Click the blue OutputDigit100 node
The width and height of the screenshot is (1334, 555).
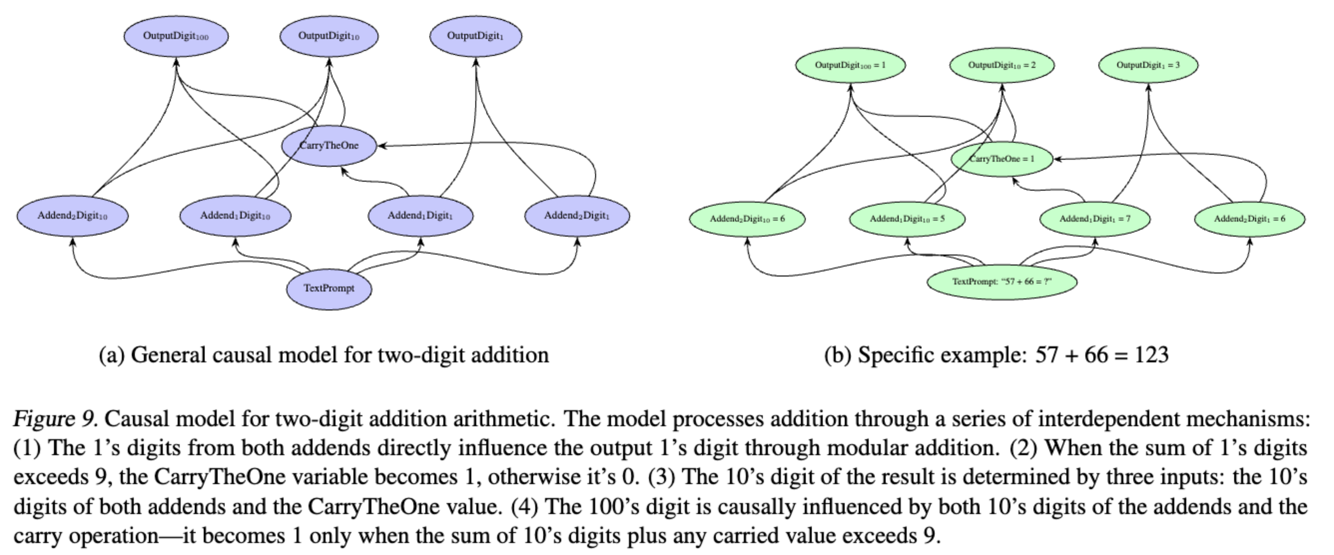(x=176, y=36)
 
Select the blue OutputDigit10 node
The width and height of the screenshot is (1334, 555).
(x=329, y=36)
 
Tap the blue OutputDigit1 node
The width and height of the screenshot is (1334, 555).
(x=475, y=36)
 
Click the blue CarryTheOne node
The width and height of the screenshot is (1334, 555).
(x=329, y=145)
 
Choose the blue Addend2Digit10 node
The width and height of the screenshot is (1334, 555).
(x=73, y=215)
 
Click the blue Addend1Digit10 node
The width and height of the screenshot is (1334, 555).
(x=235, y=215)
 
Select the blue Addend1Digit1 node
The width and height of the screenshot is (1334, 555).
(x=420, y=215)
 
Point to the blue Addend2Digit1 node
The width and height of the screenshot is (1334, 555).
(x=577, y=215)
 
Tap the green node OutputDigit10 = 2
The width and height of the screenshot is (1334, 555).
(x=1001, y=65)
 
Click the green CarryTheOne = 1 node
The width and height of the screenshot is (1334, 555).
(x=1001, y=159)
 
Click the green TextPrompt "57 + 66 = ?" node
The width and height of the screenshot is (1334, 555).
(x=1001, y=282)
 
